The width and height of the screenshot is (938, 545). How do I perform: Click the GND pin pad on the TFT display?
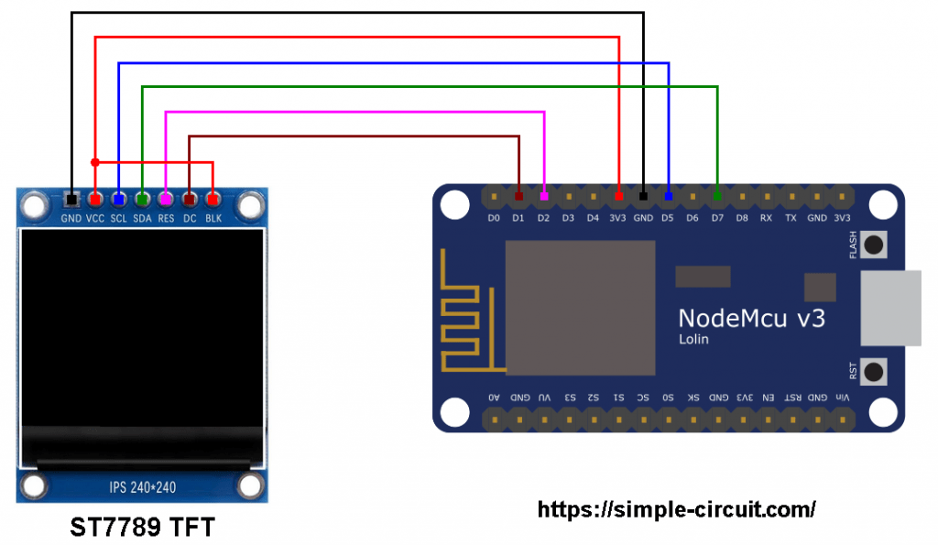pos(71,199)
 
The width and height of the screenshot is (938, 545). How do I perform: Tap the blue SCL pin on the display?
pos(118,199)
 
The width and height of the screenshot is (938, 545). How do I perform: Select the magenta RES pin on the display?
pos(166,199)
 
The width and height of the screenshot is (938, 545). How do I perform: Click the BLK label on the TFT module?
pos(213,218)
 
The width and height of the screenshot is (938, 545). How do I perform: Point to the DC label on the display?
pos(190,218)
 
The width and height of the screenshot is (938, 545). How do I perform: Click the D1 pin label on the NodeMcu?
pos(518,218)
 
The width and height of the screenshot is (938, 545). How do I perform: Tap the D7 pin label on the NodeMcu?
pos(717,218)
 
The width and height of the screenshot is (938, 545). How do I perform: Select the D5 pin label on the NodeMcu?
pos(668,218)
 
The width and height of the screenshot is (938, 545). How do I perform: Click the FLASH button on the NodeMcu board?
pos(873,245)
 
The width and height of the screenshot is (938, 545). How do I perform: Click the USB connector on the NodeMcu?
pos(890,308)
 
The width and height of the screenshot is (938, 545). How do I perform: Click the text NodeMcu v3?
pos(752,318)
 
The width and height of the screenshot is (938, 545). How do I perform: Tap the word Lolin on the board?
pos(693,339)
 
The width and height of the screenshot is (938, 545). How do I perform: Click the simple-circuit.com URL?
pos(676,509)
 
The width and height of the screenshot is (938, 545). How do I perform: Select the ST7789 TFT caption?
pos(142,527)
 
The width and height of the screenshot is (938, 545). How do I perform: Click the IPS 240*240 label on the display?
pos(142,487)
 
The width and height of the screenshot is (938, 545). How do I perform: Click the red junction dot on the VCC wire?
pos(95,162)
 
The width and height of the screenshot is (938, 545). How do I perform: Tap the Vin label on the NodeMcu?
pos(842,398)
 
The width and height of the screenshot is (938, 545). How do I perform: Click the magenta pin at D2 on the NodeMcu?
pos(544,196)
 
